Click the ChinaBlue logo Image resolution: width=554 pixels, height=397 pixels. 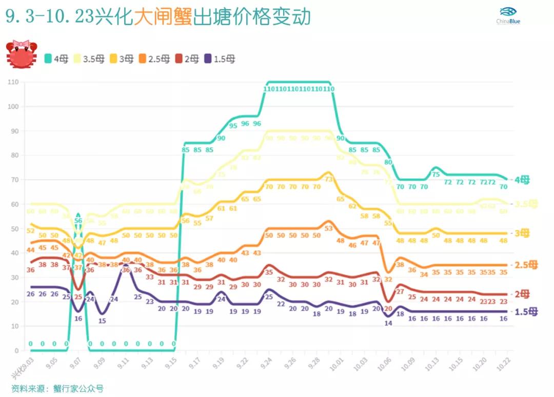pos(508,16)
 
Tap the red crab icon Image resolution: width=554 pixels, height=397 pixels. pos(21,54)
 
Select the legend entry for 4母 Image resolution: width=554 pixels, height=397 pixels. pos(56,59)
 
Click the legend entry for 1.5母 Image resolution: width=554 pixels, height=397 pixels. pos(220,59)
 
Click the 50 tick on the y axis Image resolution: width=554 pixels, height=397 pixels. pos(14,229)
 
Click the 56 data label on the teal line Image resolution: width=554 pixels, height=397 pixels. pos(78,221)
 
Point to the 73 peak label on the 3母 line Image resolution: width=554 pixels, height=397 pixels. pos(329,180)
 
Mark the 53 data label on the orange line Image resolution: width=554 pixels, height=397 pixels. pos(329,228)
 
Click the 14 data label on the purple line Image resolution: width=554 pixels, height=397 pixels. pos(388,323)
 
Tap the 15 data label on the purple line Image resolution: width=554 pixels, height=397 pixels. pos(102,321)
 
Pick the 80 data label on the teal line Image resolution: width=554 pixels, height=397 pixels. pos(388,162)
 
